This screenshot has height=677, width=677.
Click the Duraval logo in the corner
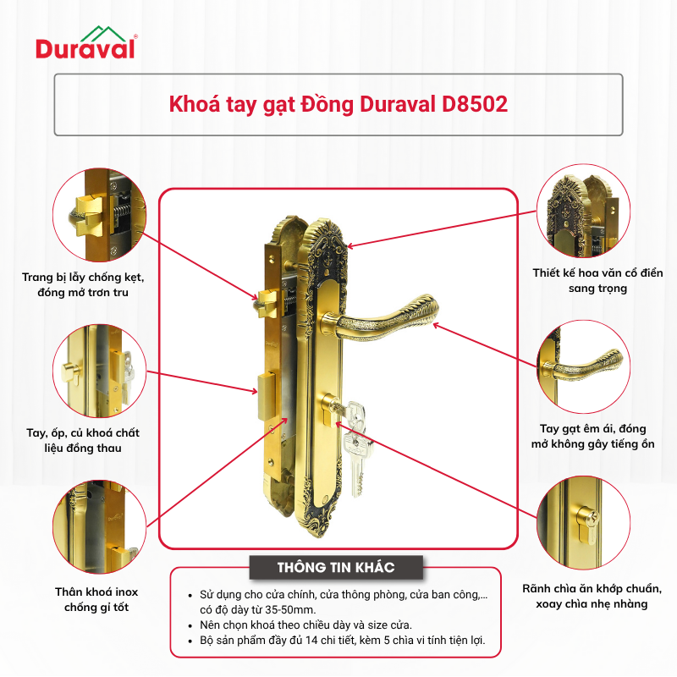pos(86,42)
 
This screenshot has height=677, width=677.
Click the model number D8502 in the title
pos(475,104)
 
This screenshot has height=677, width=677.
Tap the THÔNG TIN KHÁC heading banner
pos(336,567)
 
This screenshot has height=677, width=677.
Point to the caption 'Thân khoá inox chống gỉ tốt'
pos(96,599)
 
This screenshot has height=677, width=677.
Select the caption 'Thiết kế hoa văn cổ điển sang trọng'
pos(597,281)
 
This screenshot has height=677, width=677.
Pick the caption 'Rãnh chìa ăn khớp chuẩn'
pos(592,589)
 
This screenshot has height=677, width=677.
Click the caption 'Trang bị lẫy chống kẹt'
pos(83,278)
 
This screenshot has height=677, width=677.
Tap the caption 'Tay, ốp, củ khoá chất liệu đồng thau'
pos(83,440)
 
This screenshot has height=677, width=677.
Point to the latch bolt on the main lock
pos(268,301)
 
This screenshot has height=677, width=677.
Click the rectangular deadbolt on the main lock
pos(267,398)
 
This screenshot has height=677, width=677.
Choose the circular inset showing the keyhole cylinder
pos(584,523)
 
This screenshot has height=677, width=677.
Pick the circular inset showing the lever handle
pos(584,367)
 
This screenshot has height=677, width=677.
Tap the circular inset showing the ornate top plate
pos(584,211)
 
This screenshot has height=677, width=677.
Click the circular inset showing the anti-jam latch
pos(100,215)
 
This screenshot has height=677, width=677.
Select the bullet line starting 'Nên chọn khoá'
pos(305,625)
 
